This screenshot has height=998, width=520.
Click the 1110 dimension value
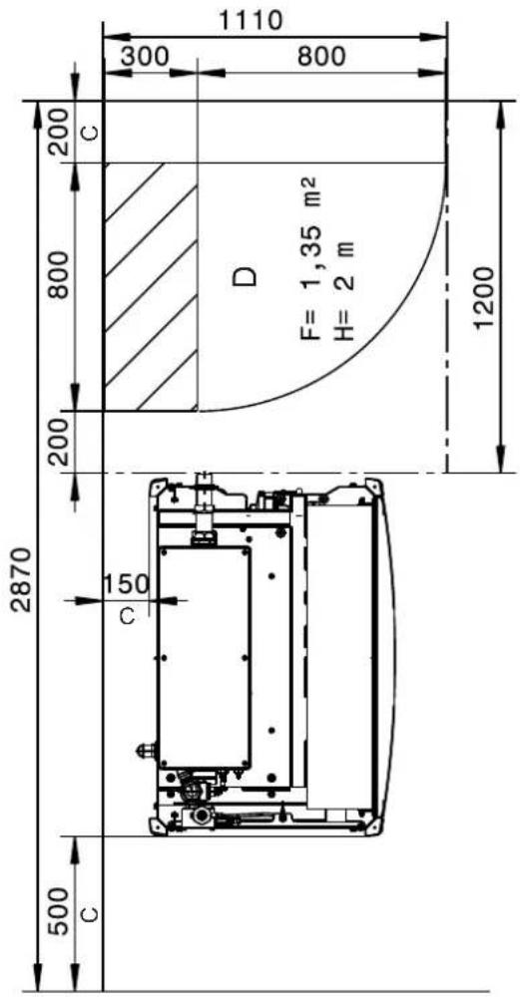[x=250, y=20]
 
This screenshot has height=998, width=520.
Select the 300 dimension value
[x=145, y=57]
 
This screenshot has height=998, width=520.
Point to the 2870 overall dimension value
[x=23, y=578]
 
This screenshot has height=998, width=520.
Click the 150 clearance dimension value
[x=125, y=582]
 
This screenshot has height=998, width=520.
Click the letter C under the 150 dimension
[x=128, y=616]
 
